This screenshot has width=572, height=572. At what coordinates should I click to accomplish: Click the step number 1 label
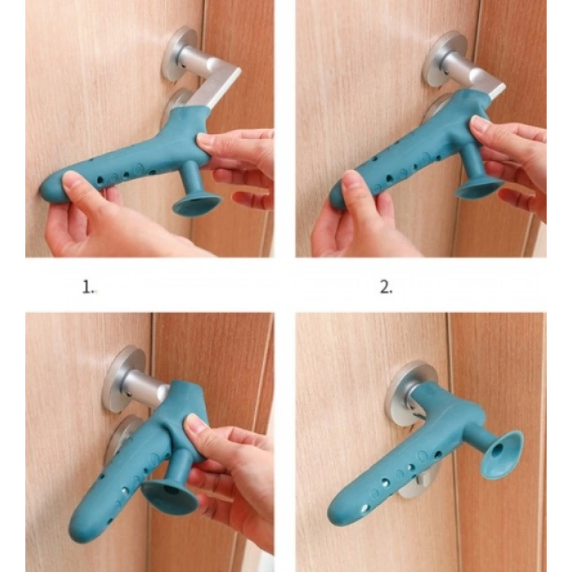88,288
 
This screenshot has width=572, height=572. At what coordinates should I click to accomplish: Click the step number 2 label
387,288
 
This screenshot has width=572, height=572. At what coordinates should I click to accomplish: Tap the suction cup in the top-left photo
196,207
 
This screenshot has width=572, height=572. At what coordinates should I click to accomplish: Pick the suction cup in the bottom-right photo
502,454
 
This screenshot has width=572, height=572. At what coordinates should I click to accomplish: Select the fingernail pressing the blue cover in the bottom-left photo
194,426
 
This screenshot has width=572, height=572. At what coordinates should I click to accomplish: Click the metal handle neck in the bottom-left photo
144,387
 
